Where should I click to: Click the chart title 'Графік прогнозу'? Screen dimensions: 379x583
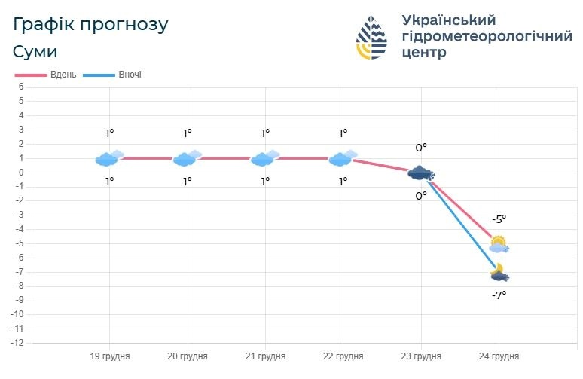click(x=90, y=24)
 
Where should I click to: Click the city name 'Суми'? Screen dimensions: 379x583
click(x=35, y=51)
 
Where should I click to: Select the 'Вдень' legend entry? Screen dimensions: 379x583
click(x=46, y=75)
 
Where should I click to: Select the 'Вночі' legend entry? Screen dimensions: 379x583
click(x=113, y=75)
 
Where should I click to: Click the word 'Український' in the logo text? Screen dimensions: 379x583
click(x=449, y=20)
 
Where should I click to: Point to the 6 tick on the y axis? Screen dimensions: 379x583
click(x=22, y=87)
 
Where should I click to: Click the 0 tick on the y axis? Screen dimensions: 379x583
click(x=22, y=173)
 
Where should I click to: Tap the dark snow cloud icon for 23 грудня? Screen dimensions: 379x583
click(x=421, y=173)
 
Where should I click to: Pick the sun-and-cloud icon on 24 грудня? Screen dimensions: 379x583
click(x=499, y=244)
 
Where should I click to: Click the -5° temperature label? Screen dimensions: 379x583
click(x=499, y=219)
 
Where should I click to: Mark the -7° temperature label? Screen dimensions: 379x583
click(x=499, y=295)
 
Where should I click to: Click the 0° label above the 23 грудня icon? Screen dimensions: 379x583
click(x=421, y=148)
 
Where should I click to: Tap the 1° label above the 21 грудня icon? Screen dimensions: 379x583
click(x=265, y=133)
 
